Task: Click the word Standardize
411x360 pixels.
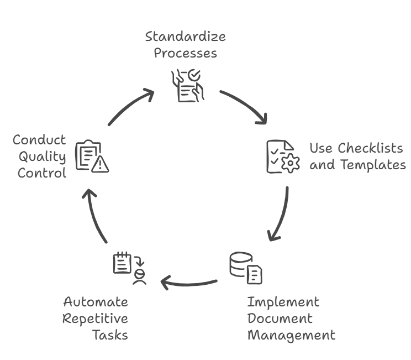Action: [x=185, y=36]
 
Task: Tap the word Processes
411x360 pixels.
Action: [x=185, y=53]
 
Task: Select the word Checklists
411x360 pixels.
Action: [x=370, y=148]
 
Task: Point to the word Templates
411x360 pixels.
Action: [x=373, y=165]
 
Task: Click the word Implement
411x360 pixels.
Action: [x=283, y=302]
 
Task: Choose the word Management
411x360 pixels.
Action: [x=292, y=335]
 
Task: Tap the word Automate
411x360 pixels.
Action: [x=96, y=302]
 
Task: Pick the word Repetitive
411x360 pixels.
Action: [x=95, y=319]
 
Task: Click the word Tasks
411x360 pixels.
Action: [x=110, y=335]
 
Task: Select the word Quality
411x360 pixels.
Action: [x=42, y=157]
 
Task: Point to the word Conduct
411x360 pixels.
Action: [x=39, y=140]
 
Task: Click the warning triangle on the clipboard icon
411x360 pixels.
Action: [x=100, y=165]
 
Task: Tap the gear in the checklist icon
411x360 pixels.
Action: [x=291, y=163]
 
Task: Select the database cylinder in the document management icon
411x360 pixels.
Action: [x=240, y=264]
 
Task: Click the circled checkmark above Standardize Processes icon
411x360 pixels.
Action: [x=194, y=75]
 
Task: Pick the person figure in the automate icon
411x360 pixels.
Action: [x=139, y=277]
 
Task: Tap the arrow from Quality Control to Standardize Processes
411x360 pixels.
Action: [x=128, y=105]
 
